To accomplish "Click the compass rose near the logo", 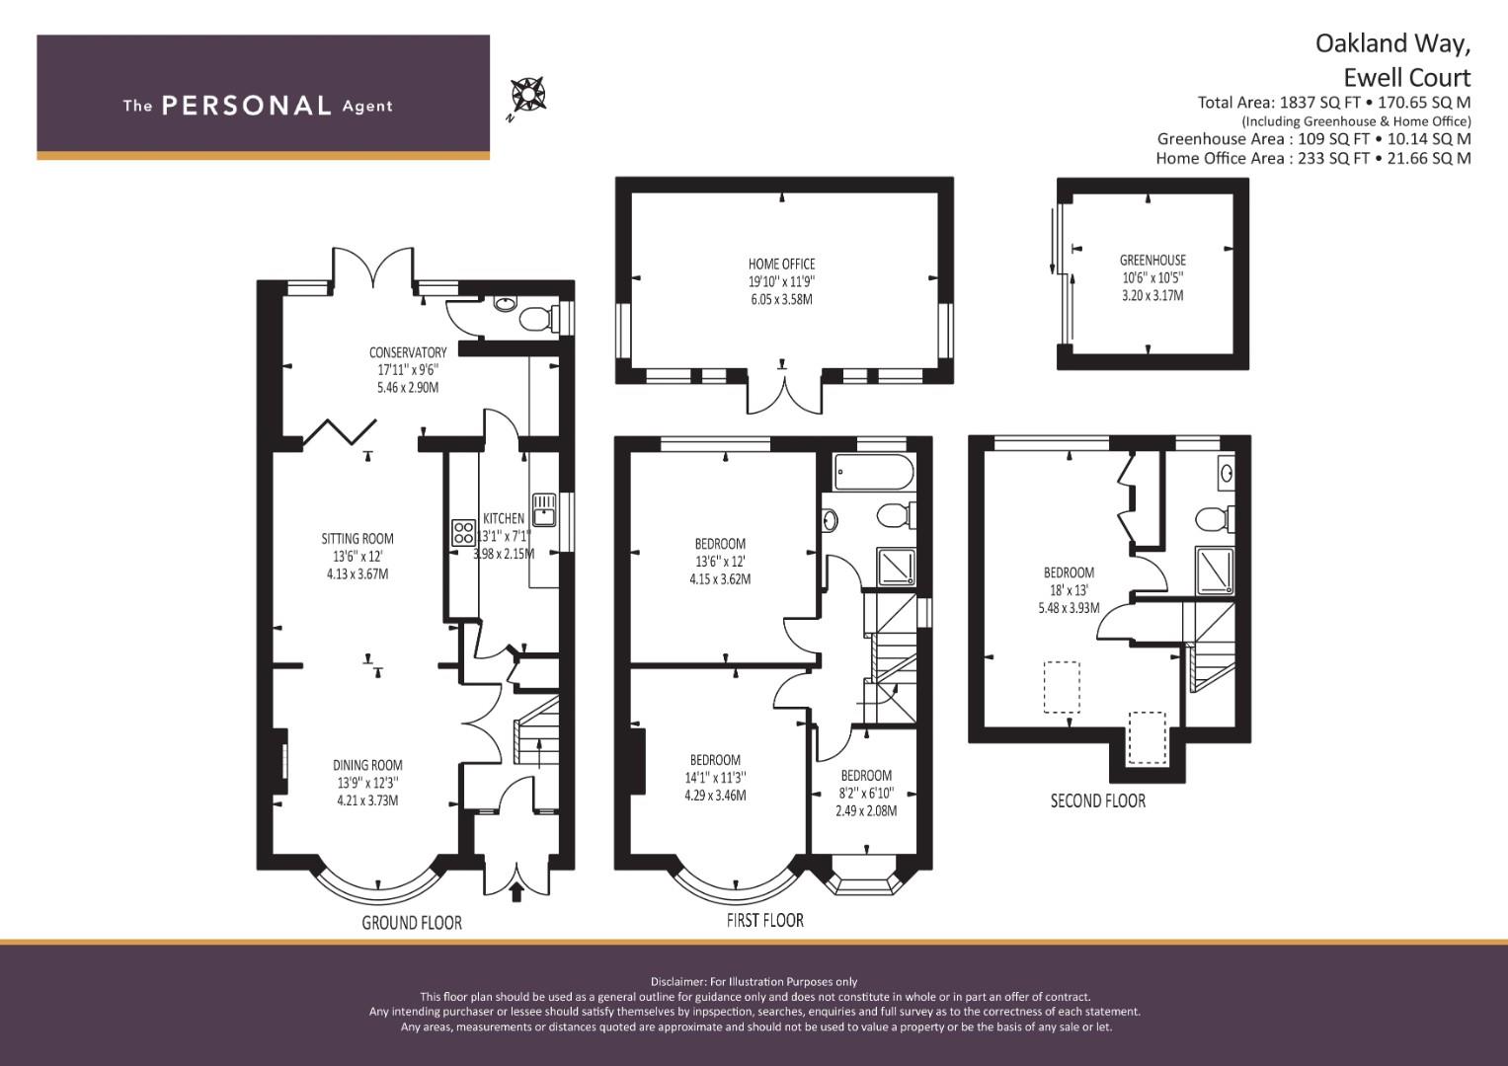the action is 528,95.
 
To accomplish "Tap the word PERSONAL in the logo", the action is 247,106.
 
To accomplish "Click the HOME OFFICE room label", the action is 781,264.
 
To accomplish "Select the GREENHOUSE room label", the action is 1152,260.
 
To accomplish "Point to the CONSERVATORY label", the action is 408,352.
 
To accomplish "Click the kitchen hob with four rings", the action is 463,532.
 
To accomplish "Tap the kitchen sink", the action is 544,509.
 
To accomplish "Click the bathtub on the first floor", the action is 874,472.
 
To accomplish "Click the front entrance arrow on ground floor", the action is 516,891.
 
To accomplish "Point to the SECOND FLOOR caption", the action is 1098,800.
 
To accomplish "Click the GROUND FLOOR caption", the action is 412,923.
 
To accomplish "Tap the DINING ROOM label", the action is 367,765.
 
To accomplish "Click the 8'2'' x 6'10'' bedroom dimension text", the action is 866,794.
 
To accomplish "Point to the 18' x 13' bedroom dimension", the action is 1070,590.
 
